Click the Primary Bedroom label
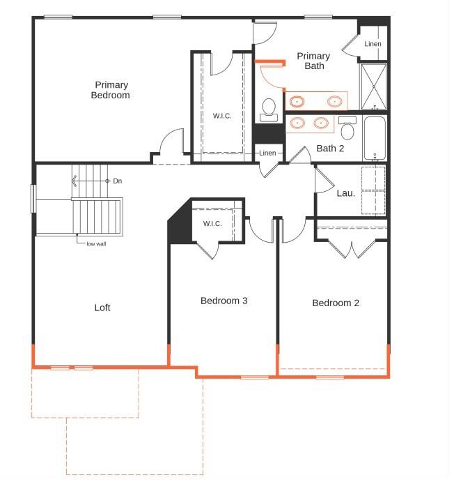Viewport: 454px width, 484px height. click(110, 90)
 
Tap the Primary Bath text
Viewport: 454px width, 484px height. click(313, 61)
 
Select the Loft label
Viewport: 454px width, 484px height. click(102, 308)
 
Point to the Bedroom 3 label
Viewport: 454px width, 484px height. click(224, 301)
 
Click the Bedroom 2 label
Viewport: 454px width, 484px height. click(336, 303)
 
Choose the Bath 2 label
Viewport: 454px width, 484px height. click(330, 148)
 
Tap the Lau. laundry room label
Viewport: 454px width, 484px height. click(346, 192)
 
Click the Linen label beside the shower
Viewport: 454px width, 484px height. click(373, 44)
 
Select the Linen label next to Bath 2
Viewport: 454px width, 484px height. click(269, 153)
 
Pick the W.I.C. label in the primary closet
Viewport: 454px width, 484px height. click(222, 116)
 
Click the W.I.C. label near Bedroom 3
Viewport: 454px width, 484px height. click(212, 223)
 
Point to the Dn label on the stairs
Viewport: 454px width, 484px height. click(118, 181)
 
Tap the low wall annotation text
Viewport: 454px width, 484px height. click(96, 243)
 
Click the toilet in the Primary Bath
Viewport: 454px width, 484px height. click(269, 108)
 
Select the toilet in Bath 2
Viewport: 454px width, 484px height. click(348, 129)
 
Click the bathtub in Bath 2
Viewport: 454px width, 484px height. click(375, 137)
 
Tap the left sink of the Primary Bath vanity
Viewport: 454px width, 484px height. click(298, 101)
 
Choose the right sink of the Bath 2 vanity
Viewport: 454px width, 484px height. click(321, 123)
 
